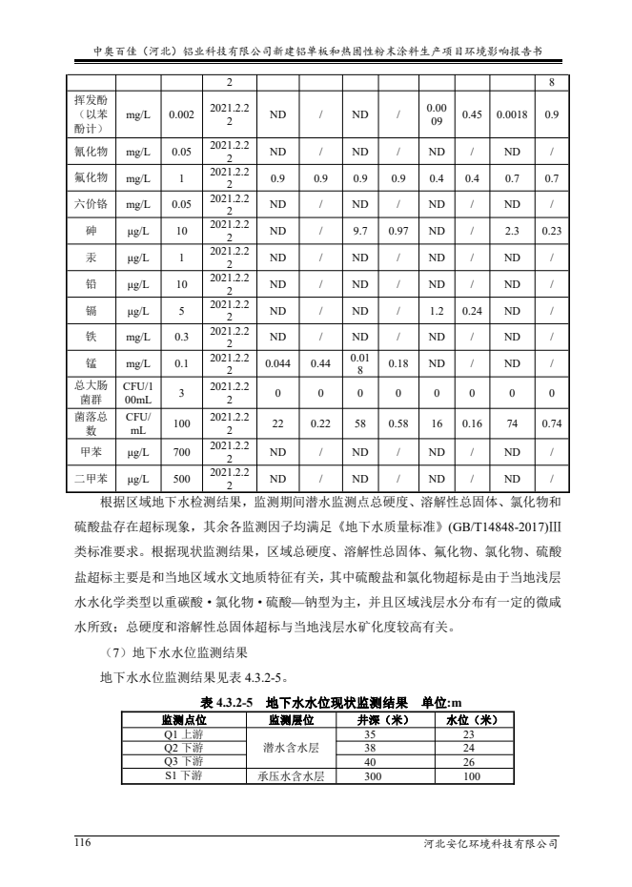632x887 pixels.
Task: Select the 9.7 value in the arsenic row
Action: pyautogui.click(x=360, y=231)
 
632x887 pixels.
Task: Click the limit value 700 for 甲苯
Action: pyautogui.click(x=176, y=451)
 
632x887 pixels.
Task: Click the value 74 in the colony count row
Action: pyautogui.click(x=511, y=423)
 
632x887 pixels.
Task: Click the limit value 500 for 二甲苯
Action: pyautogui.click(x=176, y=478)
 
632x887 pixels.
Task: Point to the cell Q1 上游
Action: pyautogui.click(x=183, y=734)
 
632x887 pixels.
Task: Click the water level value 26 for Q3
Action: pyautogui.click(x=467, y=762)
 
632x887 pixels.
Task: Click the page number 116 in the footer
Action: pyautogui.click(x=86, y=842)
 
